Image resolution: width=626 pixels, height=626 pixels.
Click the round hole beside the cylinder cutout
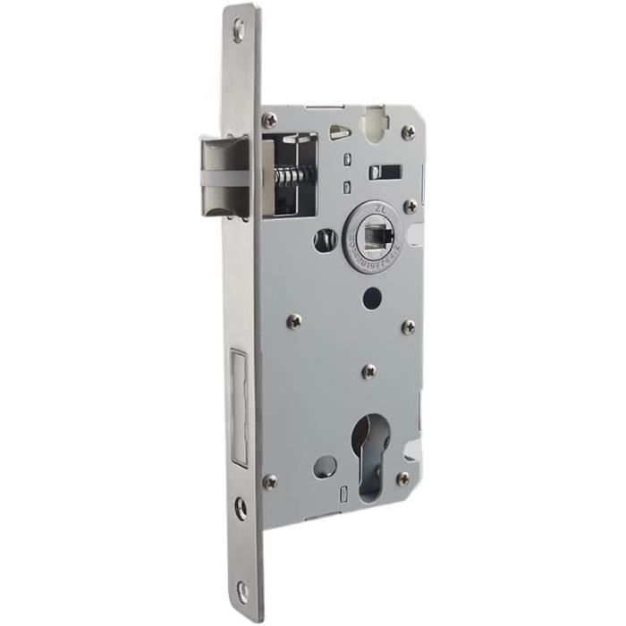point(326,466)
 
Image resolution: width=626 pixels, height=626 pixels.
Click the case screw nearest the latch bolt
point(269,120)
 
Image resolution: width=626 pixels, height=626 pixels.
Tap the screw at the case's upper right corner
point(408,132)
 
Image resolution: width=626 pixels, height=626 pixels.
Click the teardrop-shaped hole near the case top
point(340,132)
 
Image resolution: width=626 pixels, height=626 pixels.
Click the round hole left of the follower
point(324,239)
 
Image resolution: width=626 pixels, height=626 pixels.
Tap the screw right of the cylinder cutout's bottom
point(402,479)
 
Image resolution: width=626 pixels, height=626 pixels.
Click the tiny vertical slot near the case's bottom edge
point(343,495)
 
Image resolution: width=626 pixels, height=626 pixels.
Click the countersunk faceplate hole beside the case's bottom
point(240,508)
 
